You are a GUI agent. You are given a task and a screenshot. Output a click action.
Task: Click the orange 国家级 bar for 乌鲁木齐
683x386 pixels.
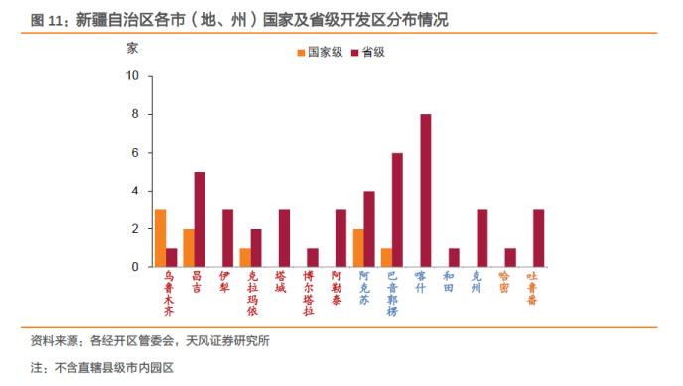pyautogui.click(x=160, y=238)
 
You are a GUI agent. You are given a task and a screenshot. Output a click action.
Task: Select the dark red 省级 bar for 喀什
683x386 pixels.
pyautogui.click(x=426, y=191)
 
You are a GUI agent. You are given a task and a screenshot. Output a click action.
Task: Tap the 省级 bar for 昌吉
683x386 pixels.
pyautogui.click(x=200, y=219)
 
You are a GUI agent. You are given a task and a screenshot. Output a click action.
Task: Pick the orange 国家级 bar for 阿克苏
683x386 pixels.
pyautogui.click(x=357, y=248)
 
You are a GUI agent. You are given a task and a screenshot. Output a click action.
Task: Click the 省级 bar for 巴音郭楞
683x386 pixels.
pyautogui.click(x=398, y=209)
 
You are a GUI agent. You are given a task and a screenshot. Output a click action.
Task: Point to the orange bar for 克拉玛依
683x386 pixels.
pyautogui.click(x=244, y=257)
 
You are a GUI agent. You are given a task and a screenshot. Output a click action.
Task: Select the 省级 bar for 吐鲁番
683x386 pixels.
pyautogui.click(x=539, y=238)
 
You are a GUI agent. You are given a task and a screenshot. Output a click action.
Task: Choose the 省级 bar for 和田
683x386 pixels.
pyautogui.click(x=454, y=257)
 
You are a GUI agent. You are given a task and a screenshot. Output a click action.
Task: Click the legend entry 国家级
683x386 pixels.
pyautogui.click(x=320, y=52)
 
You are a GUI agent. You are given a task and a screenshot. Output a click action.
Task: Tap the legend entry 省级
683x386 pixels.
pyautogui.click(x=368, y=52)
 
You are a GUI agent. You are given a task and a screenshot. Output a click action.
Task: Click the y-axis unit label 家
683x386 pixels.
pyautogui.click(x=133, y=47)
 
